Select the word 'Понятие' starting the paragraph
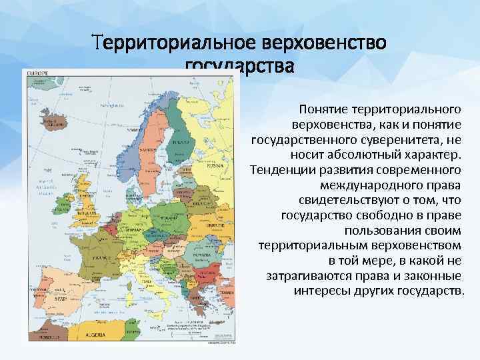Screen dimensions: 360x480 (323, 109)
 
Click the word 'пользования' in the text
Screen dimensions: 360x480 (378, 231)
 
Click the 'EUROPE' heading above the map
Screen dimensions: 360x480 (37, 72)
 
